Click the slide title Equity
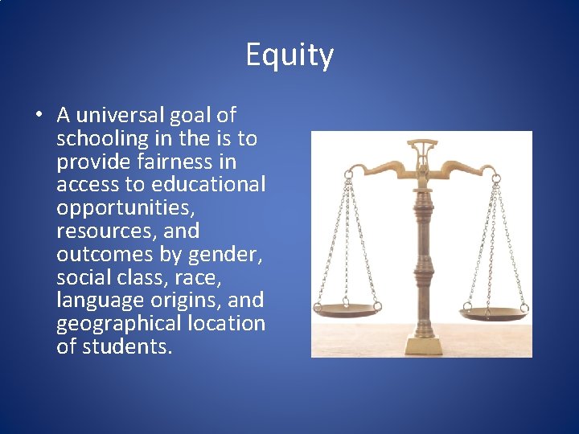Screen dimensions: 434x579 289,55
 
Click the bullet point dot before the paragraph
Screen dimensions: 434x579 39,115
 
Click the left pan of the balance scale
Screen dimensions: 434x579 347,307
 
